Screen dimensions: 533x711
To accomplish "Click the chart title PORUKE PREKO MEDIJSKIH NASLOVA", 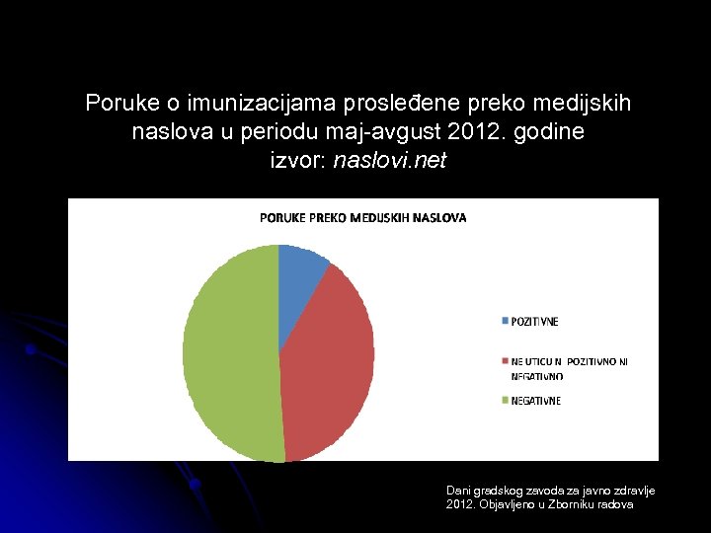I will point(363,217).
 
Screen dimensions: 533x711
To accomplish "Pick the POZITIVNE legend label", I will point(534,322).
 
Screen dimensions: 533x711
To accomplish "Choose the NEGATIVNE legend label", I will point(535,401).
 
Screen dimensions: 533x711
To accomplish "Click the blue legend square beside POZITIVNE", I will point(505,322).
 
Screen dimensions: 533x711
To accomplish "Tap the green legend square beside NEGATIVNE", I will point(505,401).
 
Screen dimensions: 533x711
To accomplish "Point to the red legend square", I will point(505,362).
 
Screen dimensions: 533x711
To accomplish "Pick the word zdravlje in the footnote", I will point(634,491).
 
